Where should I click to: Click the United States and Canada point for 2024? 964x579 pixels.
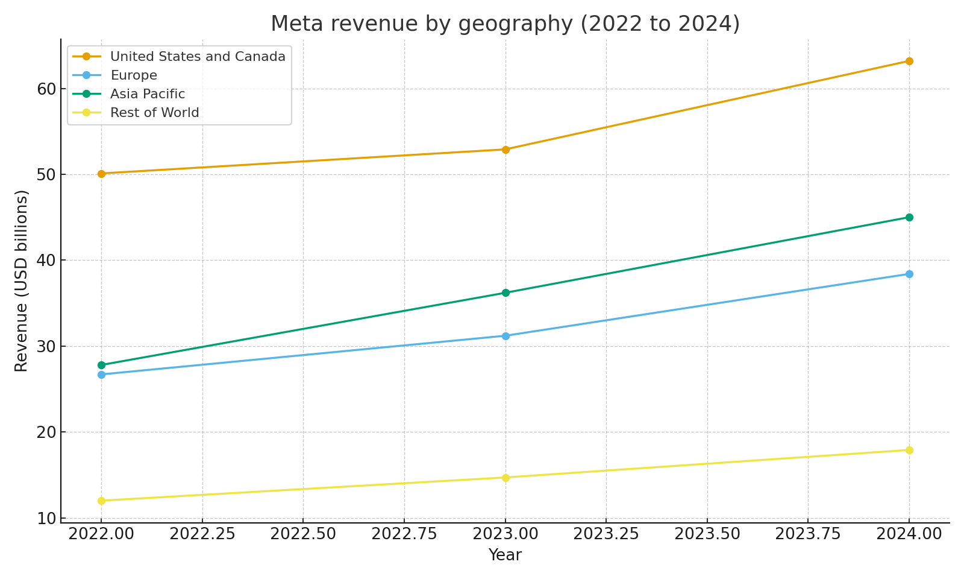pyautogui.click(x=909, y=61)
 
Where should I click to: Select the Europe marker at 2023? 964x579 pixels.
pyautogui.click(x=505, y=336)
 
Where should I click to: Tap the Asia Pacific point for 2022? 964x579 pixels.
pyautogui.click(x=101, y=365)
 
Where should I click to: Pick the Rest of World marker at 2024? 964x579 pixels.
pyautogui.click(x=909, y=450)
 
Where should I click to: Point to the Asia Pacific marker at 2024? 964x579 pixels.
pyautogui.click(x=909, y=217)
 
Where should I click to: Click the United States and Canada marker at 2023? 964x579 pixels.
pyautogui.click(x=505, y=150)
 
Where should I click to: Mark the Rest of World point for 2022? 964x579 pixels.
pyautogui.click(x=101, y=501)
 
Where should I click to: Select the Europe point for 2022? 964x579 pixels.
pyautogui.click(x=101, y=375)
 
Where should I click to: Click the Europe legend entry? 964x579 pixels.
pyautogui.click(x=133, y=75)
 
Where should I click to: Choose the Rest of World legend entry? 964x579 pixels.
pyautogui.click(x=154, y=113)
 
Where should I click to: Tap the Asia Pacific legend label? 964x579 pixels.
pyautogui.click(x=147, y=94)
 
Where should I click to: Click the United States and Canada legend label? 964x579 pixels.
pyautogui.click(x=198, y=57)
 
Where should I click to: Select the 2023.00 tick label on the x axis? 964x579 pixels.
pyautogui.click(x=505, y=534)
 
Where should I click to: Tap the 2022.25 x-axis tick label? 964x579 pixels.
pyautogui.click(x=202, y=534)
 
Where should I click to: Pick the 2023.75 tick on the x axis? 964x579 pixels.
pyautogui.click(x=808, y=534)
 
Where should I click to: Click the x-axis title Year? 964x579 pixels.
pyautogui.click(x=505, y=555)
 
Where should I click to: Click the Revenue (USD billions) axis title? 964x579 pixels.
pyautogui.click(x=22, y=280)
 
